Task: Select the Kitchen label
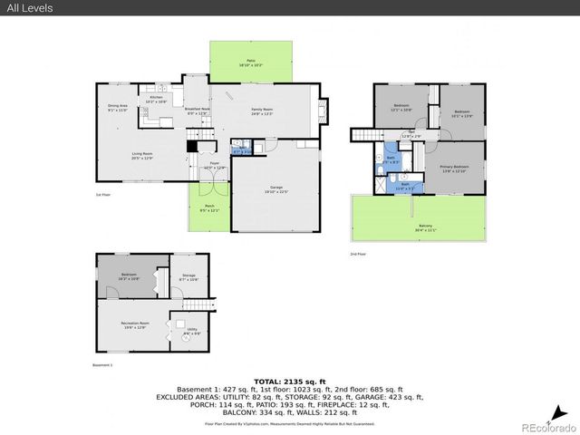pyautogui.click(x=155, y=97)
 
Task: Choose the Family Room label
pyautogui.click(x=262, y=111)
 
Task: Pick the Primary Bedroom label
pyautogui.click(x=455, y=168)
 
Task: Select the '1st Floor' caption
pyautogui.click(x=103, y=194)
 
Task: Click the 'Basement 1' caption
pyautogui.click(x=102, y=364)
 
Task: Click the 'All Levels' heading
pyautogui.click(x=30, y=8)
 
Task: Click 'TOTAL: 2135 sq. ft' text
pyautogui.click(x=289, y=382)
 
